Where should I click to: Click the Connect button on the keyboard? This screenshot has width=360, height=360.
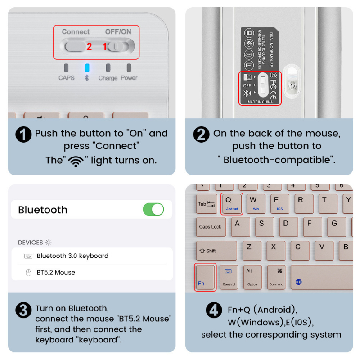pyautogui.click(x=75, y=46)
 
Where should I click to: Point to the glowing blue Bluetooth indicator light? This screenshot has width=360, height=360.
pyautogui.click(x=87, y=68)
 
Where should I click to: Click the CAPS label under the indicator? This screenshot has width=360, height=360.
pyautogui.click(x=67, y=78)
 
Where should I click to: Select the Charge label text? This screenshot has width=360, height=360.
pyautogui.click(x=108, y=78)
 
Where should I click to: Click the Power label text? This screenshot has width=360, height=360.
pyautogui.click(x=129, y=78)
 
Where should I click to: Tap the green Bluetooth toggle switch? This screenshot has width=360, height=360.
pyautogui.click(x=153, y=209)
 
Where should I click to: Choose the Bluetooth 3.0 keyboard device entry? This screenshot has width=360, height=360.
pyautogui.click(x=72, y=256)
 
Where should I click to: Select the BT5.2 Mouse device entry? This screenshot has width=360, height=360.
pyautogui.click(x=56, y=272)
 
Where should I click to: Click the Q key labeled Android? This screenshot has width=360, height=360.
pyautogui.click(x=231, y=203)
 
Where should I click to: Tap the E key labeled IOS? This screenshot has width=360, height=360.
pyautogui.click(x=279, y=203)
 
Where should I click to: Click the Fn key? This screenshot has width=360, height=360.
pyautogui.click(x=205, y=277)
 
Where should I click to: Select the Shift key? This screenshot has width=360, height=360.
pyautogui.click(x=216, y=251)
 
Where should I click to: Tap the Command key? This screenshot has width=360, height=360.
pyautogui.click(x=276, y=277)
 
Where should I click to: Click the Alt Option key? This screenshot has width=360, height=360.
pyautogui.click(x=252, y=277)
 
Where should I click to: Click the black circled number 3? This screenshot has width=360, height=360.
pyautogui.click(x=23, y=310)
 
